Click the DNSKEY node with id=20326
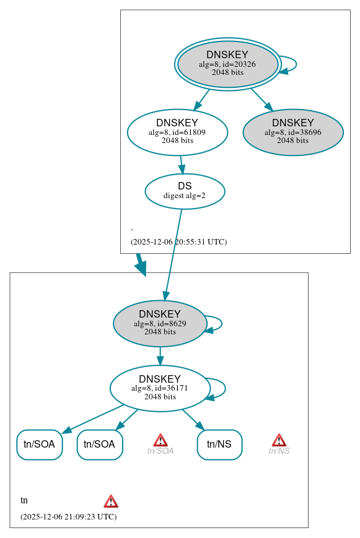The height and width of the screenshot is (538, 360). coord(227,64)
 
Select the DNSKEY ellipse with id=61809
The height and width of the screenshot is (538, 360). coord(177,132)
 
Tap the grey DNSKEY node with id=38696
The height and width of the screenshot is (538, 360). coord(292,132)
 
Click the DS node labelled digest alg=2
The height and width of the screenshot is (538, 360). coord(185,191)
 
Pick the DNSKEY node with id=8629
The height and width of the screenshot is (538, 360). coord(160,323)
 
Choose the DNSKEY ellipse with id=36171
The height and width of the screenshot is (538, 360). coord(160,388)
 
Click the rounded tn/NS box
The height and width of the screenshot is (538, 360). coord(219,444)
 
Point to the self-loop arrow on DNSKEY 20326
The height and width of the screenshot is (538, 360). coord(295,64)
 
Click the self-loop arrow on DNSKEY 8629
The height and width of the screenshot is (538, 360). coord(220,323)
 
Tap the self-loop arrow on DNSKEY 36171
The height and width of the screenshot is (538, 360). coord(224,388)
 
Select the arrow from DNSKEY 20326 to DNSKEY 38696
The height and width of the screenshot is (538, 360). coord(260,99)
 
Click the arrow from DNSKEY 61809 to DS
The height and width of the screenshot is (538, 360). coord(181,165)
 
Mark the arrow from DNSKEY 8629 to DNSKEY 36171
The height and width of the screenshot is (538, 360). coord(160,356)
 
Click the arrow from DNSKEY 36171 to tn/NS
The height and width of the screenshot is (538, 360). coord(193,419)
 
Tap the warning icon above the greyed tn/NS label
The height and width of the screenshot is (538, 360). coord(279,440)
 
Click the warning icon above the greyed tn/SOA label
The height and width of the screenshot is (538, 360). coord(160,440)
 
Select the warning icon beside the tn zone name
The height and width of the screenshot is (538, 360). coord(111,501)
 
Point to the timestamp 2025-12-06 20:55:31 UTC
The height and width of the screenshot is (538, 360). coord(178,241)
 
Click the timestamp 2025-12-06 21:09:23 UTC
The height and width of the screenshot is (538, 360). coord(68,516)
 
